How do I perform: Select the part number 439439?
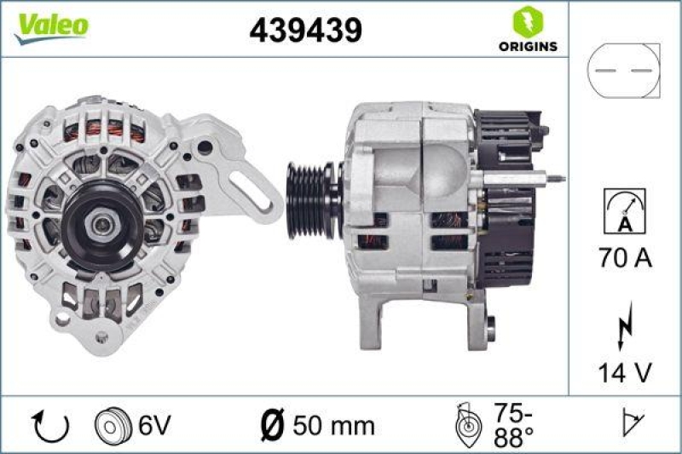306,30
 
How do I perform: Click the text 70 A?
624,258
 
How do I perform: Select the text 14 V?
624,373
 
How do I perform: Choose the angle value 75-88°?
511,424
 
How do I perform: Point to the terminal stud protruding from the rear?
552,178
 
